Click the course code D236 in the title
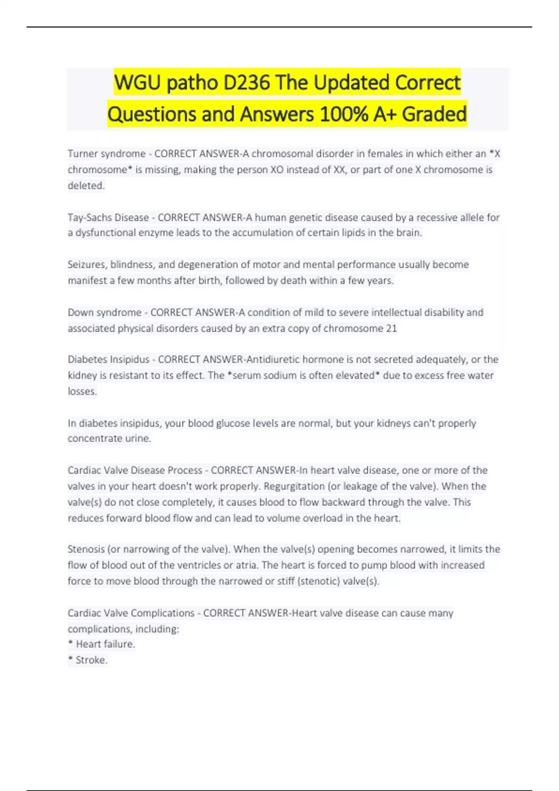tap(246, 83)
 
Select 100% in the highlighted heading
tap(344, 114)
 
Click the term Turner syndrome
tap(107, 154)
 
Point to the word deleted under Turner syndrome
tap(86, 185)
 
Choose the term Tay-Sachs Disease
tap(108, 217)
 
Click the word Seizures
tap(87, 264)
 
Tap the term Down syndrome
tap(104, 312)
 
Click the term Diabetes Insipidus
tap(109, 359)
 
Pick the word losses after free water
tap(82, 391)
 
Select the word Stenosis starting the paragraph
tap(86, 549)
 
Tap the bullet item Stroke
tap(91, 660)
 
